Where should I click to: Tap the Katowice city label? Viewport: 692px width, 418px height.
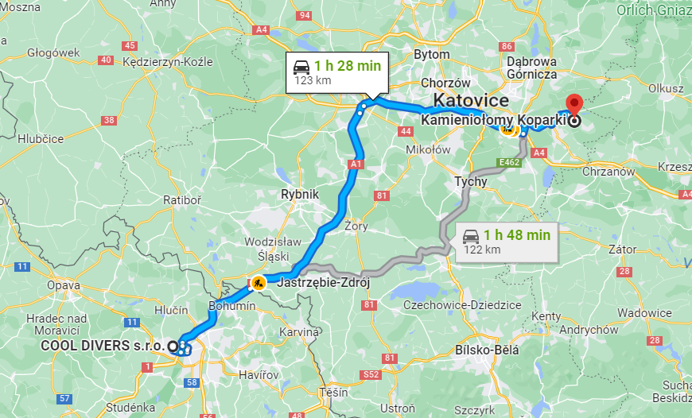coord(471,101)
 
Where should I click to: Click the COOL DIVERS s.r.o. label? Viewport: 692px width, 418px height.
coord(103,346)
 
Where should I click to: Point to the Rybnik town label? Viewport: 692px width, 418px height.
coord(299,194)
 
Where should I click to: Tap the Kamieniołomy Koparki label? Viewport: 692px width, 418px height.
coord(493,120)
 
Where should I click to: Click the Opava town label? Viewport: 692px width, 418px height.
coord(64,284)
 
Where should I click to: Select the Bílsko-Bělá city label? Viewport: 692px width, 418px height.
coord(486,350)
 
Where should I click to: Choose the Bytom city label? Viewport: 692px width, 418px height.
coord(432,54)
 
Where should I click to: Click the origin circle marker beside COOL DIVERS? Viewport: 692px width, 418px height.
coord(173,346)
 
